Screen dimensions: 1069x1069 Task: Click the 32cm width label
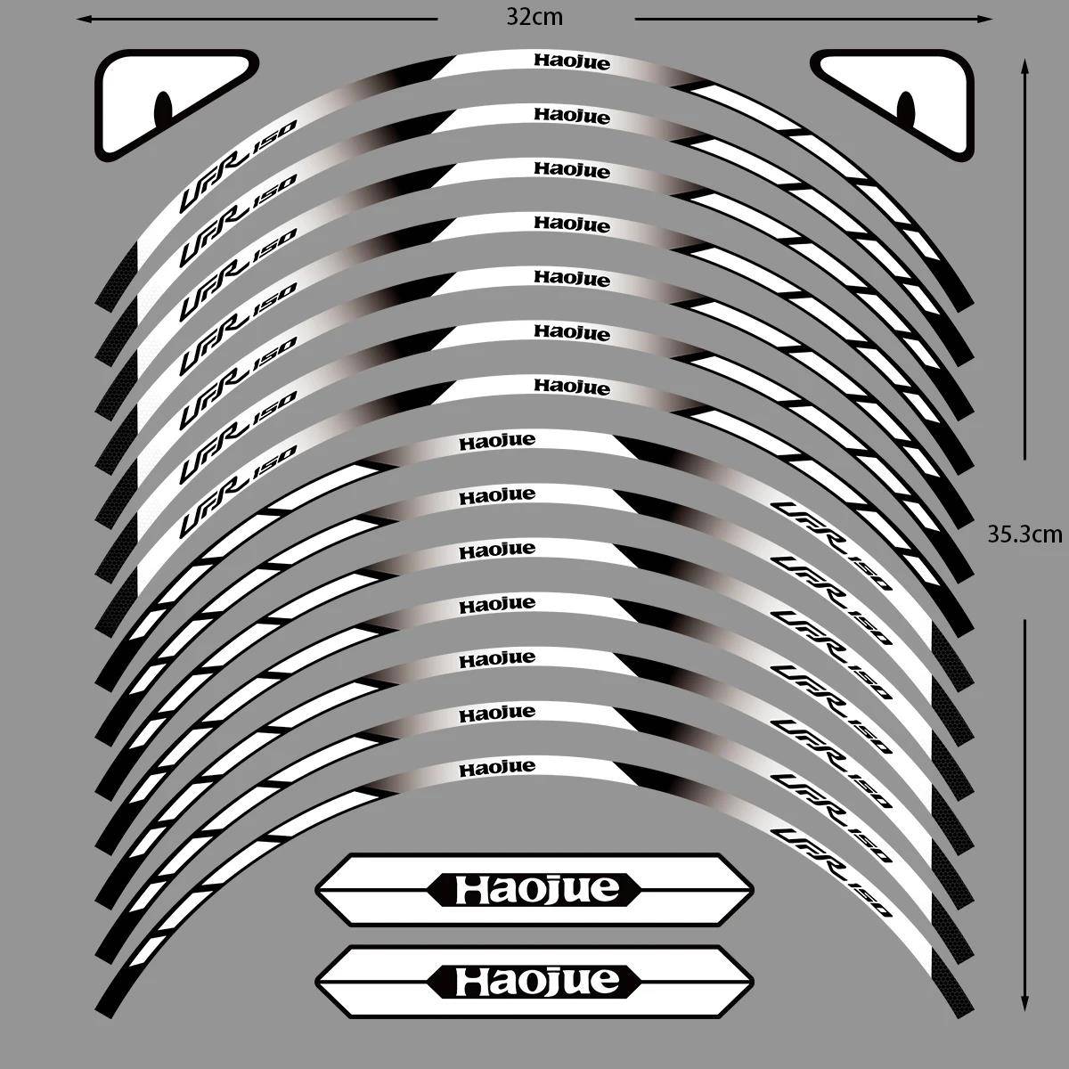[535, 17]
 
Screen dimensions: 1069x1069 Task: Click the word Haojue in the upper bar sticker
[536, 889]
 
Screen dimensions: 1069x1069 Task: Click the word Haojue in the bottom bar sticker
[536, 981]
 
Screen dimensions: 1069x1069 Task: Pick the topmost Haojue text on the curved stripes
[572, 61]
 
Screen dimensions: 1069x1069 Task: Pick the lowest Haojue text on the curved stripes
[497, 767]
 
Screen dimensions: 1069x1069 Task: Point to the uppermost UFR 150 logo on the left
[238, 184]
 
